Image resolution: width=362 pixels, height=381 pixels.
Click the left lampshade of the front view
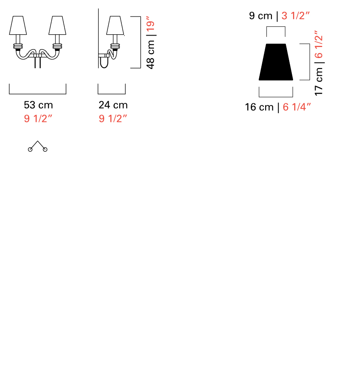18,26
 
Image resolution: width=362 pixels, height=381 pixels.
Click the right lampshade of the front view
58,26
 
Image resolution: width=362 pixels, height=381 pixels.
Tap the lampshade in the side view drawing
115,26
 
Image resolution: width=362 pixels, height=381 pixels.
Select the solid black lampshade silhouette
276,62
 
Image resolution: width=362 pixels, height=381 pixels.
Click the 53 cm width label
38,105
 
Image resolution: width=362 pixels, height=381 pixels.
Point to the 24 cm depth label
113,105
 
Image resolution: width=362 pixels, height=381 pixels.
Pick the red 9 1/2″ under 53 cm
38,119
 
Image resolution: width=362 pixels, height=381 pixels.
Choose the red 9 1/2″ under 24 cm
113,119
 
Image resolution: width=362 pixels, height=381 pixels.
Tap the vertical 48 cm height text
151,55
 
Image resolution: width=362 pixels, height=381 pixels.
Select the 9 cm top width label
261,17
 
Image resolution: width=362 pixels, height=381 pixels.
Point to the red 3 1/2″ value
296,17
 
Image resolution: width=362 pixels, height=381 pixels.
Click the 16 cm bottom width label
259,107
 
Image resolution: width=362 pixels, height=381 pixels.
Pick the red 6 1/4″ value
297,107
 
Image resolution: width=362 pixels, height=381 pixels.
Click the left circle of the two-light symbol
30,149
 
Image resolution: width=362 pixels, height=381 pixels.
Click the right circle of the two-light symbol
45,149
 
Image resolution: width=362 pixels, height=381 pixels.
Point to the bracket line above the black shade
276,28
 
